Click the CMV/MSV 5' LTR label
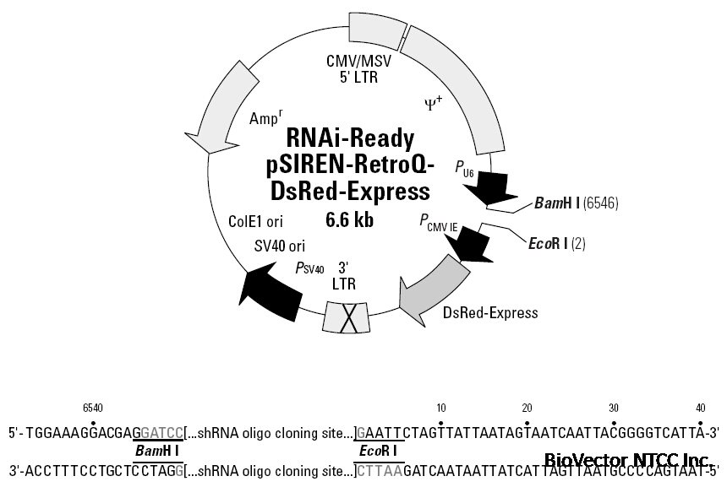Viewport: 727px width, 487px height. pos(352,69)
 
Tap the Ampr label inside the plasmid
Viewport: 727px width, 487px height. pos(266,118)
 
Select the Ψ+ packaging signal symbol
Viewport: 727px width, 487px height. pos(433,104)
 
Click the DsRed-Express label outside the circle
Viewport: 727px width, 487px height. pos(490,313)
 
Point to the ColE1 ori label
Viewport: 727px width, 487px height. pos(255,221)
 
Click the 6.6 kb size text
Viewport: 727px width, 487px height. pos(349,220)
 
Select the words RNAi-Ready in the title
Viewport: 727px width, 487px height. pos(350,137)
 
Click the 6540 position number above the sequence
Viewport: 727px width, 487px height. pos(93,408)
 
